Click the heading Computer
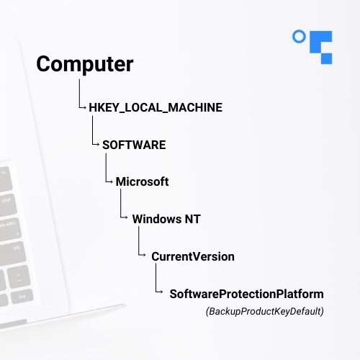[x=85, y=64]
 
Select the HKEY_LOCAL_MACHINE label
[x=156, y=107]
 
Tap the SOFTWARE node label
[x=134, y=145]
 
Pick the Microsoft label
[x=142, y=181]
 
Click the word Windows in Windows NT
[x=157, y=219]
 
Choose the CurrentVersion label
[x=193, y=256]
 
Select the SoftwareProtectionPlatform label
[x=246, y=294]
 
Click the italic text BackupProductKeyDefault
[x=265, y=311]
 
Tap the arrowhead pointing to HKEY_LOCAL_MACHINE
[x=85, y=107]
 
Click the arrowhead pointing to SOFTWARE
[x=98, y=145]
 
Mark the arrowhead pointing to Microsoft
[x=112, y=181]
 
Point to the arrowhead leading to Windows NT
[x=126, y=217]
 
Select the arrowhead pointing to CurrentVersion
[x=144, y=255]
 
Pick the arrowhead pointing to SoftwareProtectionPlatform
[x=161, y=292]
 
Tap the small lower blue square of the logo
[x=327, y=58]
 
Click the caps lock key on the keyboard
[x=9, y=228]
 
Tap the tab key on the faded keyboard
[x=12, y=254]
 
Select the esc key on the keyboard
[x=22, y=297]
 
